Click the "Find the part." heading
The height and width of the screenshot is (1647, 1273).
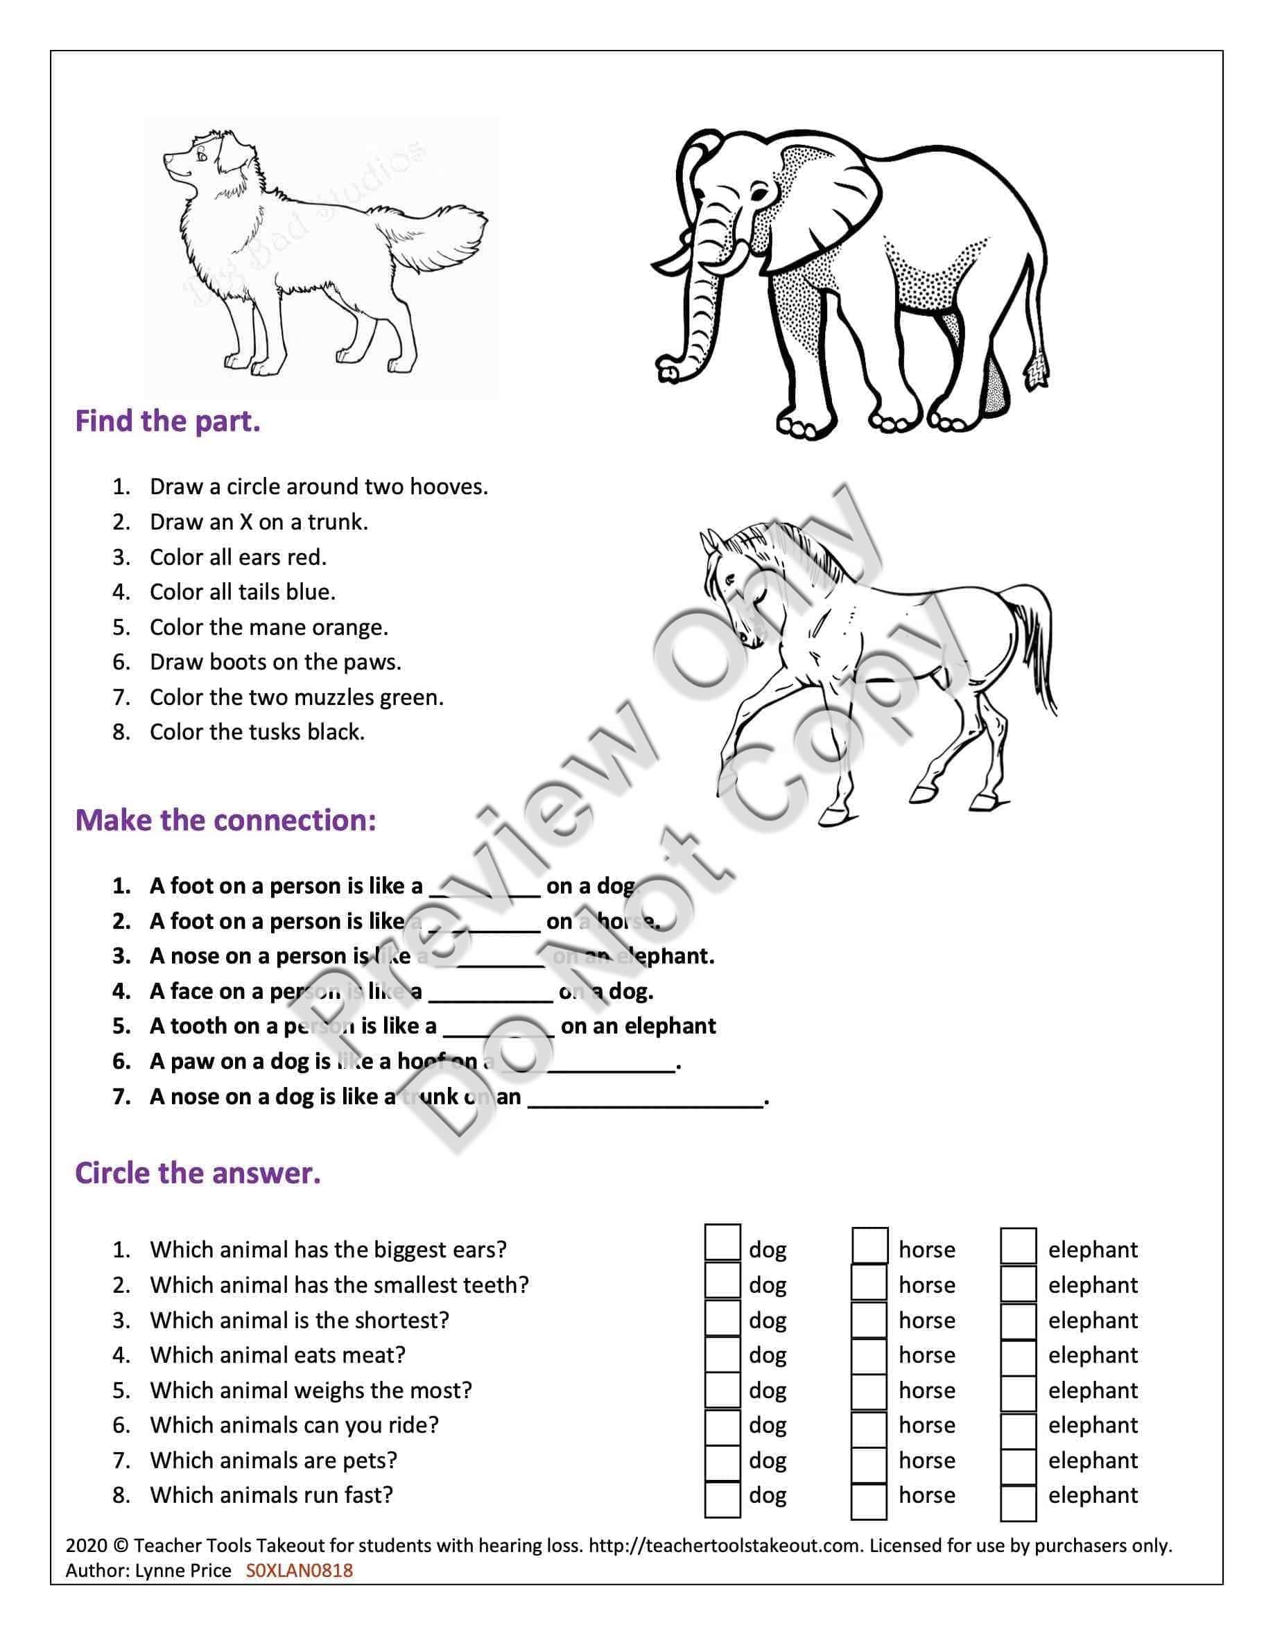[167, 421]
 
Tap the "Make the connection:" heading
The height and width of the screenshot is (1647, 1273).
[225, 820]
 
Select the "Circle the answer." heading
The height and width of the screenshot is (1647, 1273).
[198, 1173]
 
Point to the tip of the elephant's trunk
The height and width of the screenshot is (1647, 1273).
[667, 370]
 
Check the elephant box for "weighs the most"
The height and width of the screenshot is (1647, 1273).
[1018, 1391]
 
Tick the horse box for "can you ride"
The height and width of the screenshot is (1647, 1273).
[869, 1426]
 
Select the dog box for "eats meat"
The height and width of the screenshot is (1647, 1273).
[722, 1355]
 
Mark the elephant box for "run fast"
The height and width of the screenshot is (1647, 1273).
[1018, 1496]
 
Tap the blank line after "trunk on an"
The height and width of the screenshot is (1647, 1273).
[645, 1098]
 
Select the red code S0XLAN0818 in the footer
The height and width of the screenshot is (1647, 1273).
[299, 1570]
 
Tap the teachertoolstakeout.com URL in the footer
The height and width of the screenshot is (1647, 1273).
[724, 1546]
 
